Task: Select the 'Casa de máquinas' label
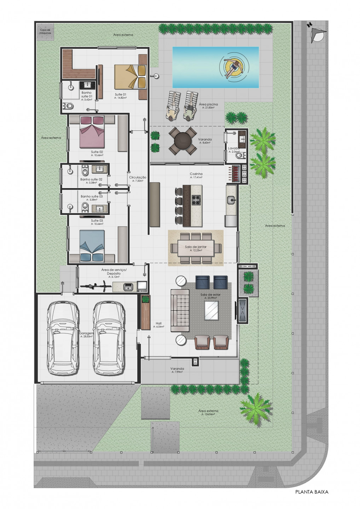(x=45, y=31)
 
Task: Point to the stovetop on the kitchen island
(x=196, y=200)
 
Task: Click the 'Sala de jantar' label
(x=195, y=247)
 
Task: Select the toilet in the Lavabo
(x=239, y=155)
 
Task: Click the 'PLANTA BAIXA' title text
(x=312, y=492)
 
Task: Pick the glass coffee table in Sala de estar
(x=211, y=310)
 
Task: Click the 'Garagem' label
(x=86, y=333)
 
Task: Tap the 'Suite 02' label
(x=97, y=152)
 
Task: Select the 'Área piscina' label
(x=208, y=104)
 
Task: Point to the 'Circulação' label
(x=138, y=177)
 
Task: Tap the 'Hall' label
(x=158, y=323)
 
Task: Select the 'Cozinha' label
(x=196, y=174)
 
